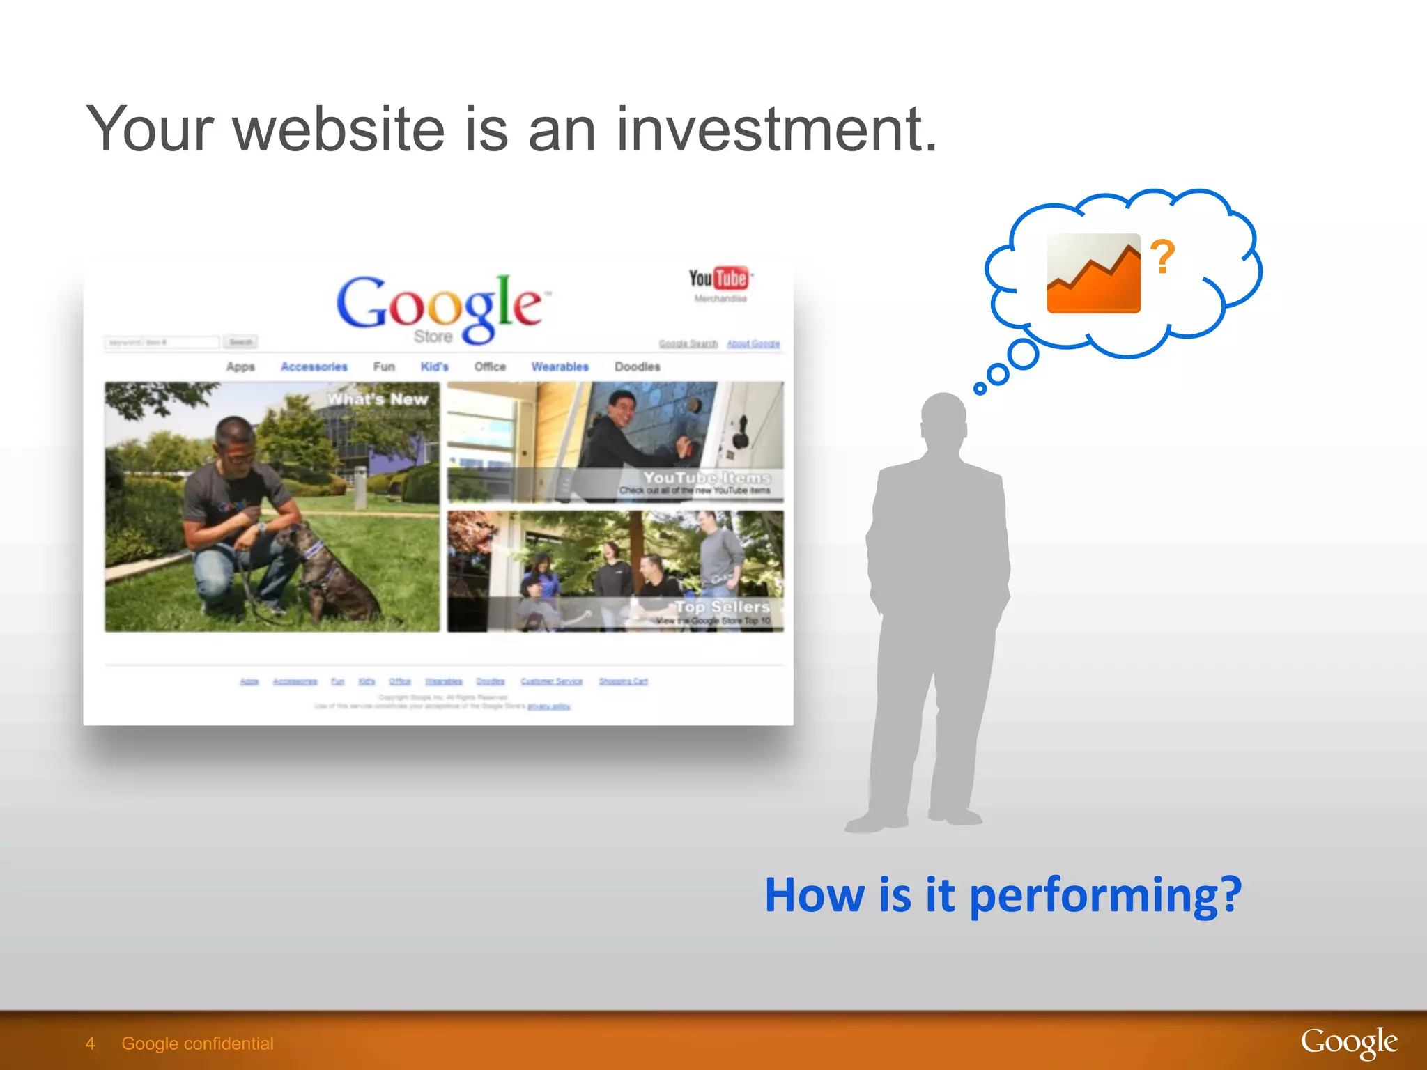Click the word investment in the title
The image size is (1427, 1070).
(x=776, y=130)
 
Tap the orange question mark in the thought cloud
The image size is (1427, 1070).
(x=1162, y=256)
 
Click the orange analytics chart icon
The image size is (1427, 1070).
(x=1093, y=274)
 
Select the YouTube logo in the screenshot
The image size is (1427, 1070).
(x=720, y=279)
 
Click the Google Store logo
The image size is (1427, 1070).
(x=439, y=308)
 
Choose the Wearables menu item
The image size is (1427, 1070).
(x=560, y=367)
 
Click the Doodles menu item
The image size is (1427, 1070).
(x=637, y=367)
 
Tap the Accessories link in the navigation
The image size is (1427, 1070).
(x=314, y=367)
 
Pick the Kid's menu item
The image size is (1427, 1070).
(x=434, y=367)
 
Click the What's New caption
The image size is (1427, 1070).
(x=378, y=400)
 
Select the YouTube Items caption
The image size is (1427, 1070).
(x=706, y=478)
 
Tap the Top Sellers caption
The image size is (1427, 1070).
(x=722, y=607)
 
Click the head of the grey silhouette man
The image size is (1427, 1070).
(x=943, y=418)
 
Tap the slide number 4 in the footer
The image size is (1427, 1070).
(x=90, y=1043)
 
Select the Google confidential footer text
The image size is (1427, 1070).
(x=197, y=1043)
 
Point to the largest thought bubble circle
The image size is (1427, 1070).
(x=1023, y=355)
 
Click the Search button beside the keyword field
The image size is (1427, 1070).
(x=241, y=342)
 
